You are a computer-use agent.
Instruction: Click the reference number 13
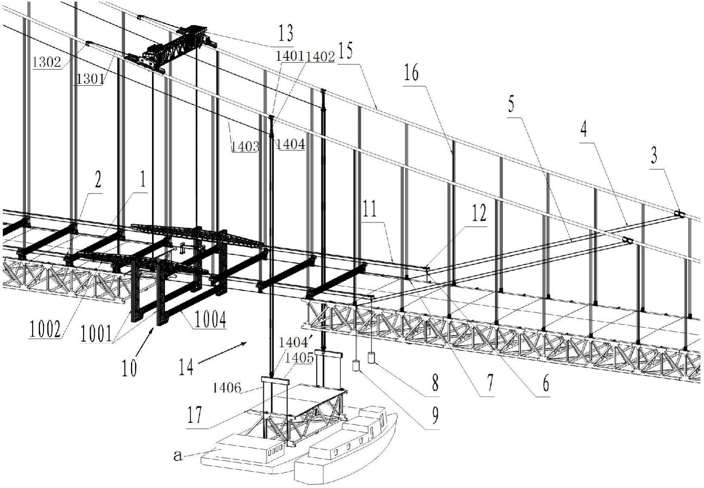[x=285, y=33]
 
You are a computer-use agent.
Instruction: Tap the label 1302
[x=47, y=62]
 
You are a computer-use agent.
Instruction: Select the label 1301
[x=90, y=79]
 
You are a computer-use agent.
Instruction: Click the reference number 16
[x=411, y=74]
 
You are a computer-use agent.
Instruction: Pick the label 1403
[x=245, y=146]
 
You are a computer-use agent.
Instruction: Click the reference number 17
[x=195, y=415]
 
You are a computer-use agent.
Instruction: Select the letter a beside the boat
[x=178, y=456]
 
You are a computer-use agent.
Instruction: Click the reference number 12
[x=478, y=214]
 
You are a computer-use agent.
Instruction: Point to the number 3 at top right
[x=653, y=156]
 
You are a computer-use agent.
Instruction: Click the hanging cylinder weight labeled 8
[x=371, y=358]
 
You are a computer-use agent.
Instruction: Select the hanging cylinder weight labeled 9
[x=356, y=365]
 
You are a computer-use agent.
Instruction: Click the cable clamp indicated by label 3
[x=680, y=214]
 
